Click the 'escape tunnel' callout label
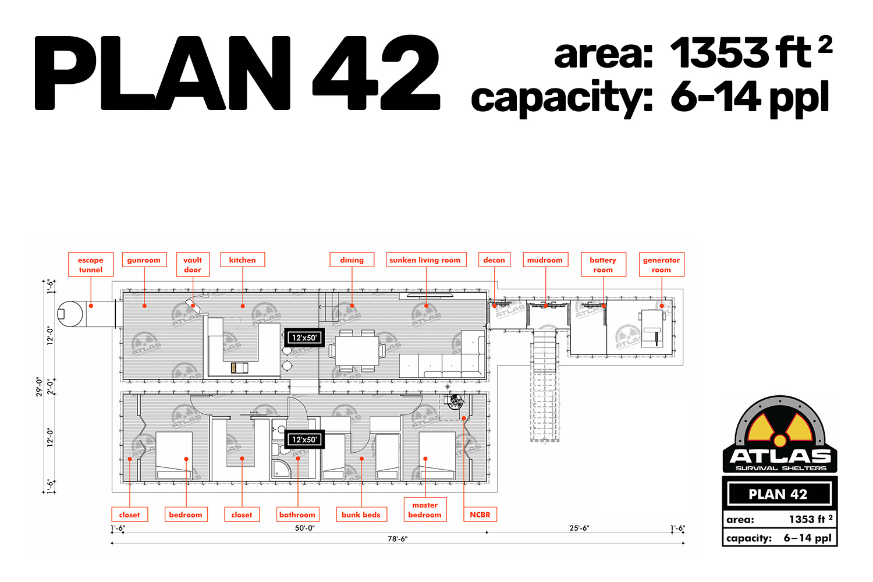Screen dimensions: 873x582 (91, 265)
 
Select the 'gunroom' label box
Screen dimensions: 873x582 (144, 260)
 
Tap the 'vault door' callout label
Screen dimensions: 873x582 (193, 265)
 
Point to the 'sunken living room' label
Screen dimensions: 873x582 (426, 260)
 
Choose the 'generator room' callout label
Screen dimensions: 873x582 (661, 265)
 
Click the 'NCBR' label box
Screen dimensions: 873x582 (480, 514)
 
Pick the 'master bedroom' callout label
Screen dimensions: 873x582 (425, 509)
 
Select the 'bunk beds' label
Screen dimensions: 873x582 (361, 514)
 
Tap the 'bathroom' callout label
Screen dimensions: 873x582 (297, 514)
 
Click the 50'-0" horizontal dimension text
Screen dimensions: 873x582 (305, 528)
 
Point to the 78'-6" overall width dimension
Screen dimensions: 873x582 (398, 539)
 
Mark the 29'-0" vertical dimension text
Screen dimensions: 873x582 (39, 386)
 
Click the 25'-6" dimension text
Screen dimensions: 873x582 (579, 528)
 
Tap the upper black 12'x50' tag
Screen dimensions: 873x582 (304, 338)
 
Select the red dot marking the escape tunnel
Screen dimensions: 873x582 (91, 306)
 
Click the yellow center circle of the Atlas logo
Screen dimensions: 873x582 (780, 441)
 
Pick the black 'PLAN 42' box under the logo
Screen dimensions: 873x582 (779, 494)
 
